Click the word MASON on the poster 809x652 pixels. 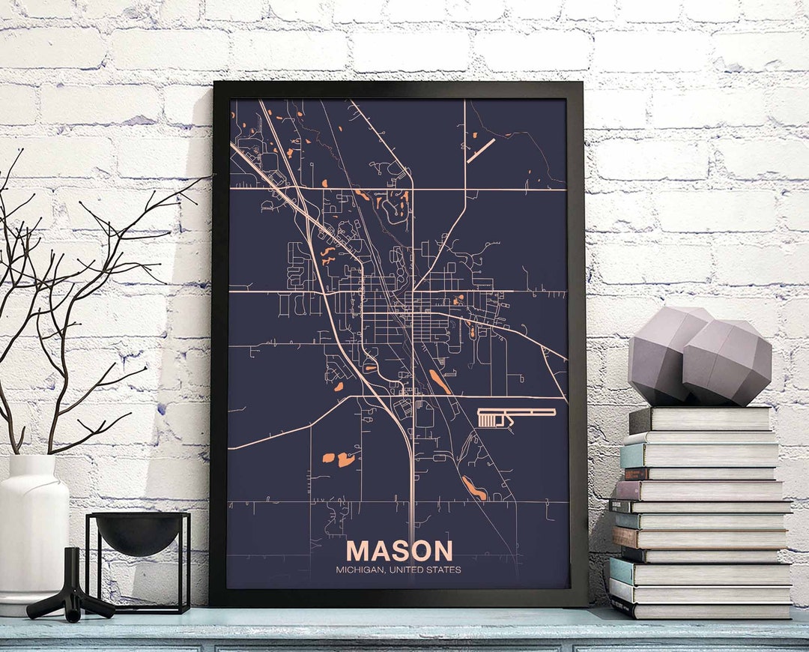tap(399, 551)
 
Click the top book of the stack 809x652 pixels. tap(700, 420)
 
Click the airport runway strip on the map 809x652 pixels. tap(517, 412)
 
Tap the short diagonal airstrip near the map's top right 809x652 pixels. tap(481, 150)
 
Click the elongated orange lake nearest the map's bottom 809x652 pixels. tap(473, 488)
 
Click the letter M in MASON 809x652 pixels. tap(357, 551)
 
